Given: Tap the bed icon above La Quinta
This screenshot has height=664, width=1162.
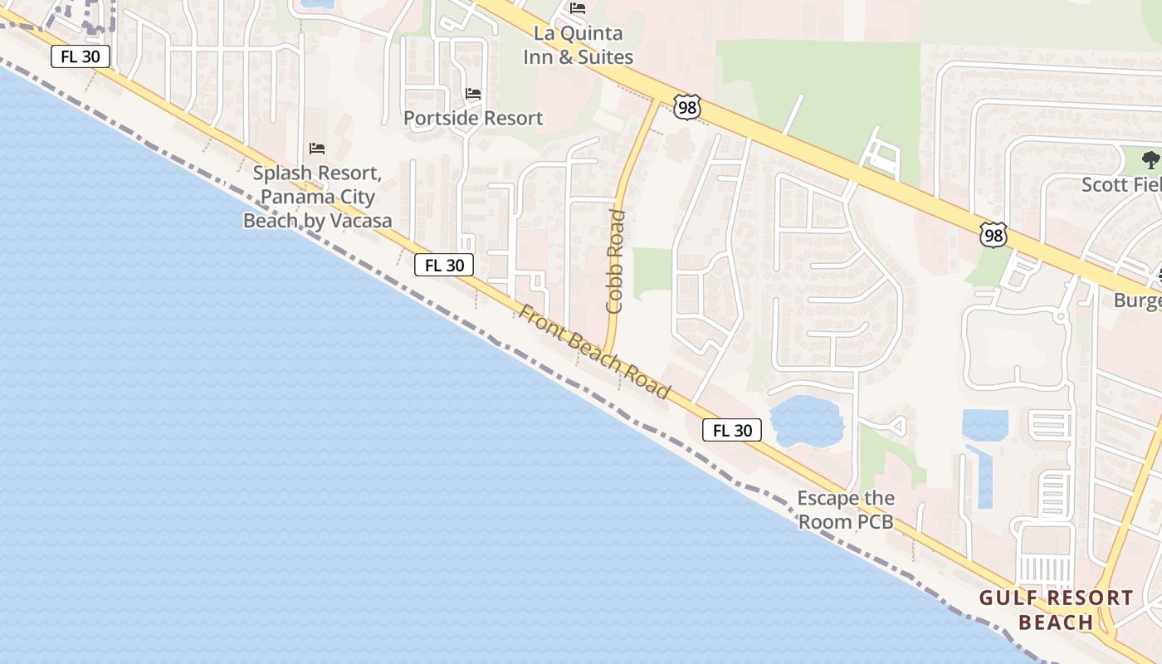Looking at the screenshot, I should coord(578,8).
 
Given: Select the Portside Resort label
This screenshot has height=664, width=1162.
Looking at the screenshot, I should coord(473,118).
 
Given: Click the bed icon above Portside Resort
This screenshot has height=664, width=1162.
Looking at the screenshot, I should coord(473,94).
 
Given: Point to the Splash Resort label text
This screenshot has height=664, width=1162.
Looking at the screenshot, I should coord(317,197).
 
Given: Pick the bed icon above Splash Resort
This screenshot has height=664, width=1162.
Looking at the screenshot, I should coord(317,149).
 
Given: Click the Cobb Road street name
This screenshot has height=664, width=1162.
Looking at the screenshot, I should coord(616,261).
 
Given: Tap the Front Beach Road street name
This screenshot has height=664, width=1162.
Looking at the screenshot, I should coord(594,351).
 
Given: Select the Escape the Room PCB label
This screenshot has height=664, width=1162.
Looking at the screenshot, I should coord(846,510).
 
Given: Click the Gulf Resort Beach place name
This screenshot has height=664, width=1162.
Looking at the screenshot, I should coord(1056,609).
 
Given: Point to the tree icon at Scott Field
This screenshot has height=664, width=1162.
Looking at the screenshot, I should coord(1150,159).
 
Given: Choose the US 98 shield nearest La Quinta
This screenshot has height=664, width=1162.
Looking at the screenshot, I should coord(687,106).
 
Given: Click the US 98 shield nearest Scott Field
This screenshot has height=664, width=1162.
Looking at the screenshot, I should coord(994,235).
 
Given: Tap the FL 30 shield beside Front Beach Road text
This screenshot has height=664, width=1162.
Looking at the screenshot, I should coord(444,265).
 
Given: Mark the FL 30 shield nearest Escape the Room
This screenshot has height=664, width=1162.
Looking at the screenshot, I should coord(732,430).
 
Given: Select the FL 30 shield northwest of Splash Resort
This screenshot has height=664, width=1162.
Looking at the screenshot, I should coord(81,57).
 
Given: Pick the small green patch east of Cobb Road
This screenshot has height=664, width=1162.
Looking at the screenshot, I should coord(652,272).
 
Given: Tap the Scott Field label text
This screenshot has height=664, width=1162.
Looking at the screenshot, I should coord(1120,184).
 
